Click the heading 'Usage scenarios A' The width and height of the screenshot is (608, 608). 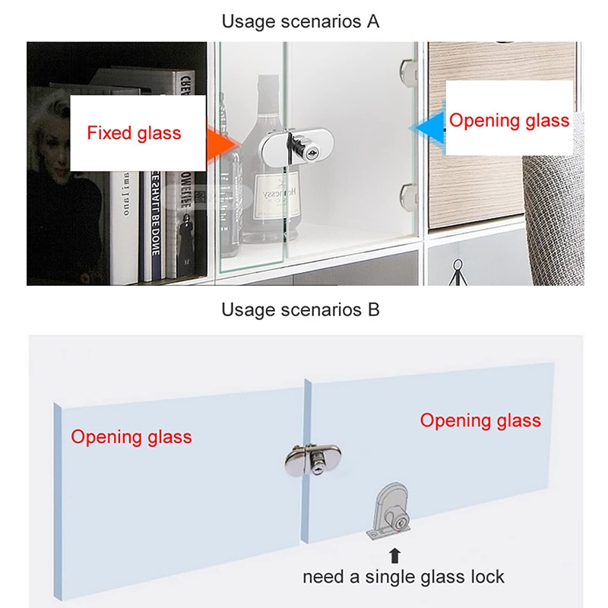(x=300, y=21)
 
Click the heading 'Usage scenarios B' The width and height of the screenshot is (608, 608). (x=300, y=309)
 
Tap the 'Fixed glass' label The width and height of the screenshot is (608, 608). (x=134, y=134)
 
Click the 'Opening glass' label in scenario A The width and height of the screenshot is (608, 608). (x=508, y=120)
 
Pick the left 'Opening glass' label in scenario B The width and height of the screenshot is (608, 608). (x=131, y=437)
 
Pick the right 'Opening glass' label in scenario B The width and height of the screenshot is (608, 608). (x=480, y=420)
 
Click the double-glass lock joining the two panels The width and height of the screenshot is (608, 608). (x=312, y=459)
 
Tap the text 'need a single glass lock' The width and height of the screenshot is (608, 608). (x=403, y=577)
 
